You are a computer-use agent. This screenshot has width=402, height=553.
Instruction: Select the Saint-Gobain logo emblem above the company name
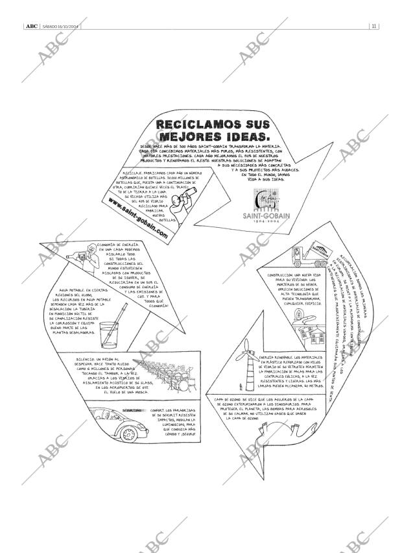coord(267,199)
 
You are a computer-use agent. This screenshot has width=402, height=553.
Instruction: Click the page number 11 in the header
coord(374,26)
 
